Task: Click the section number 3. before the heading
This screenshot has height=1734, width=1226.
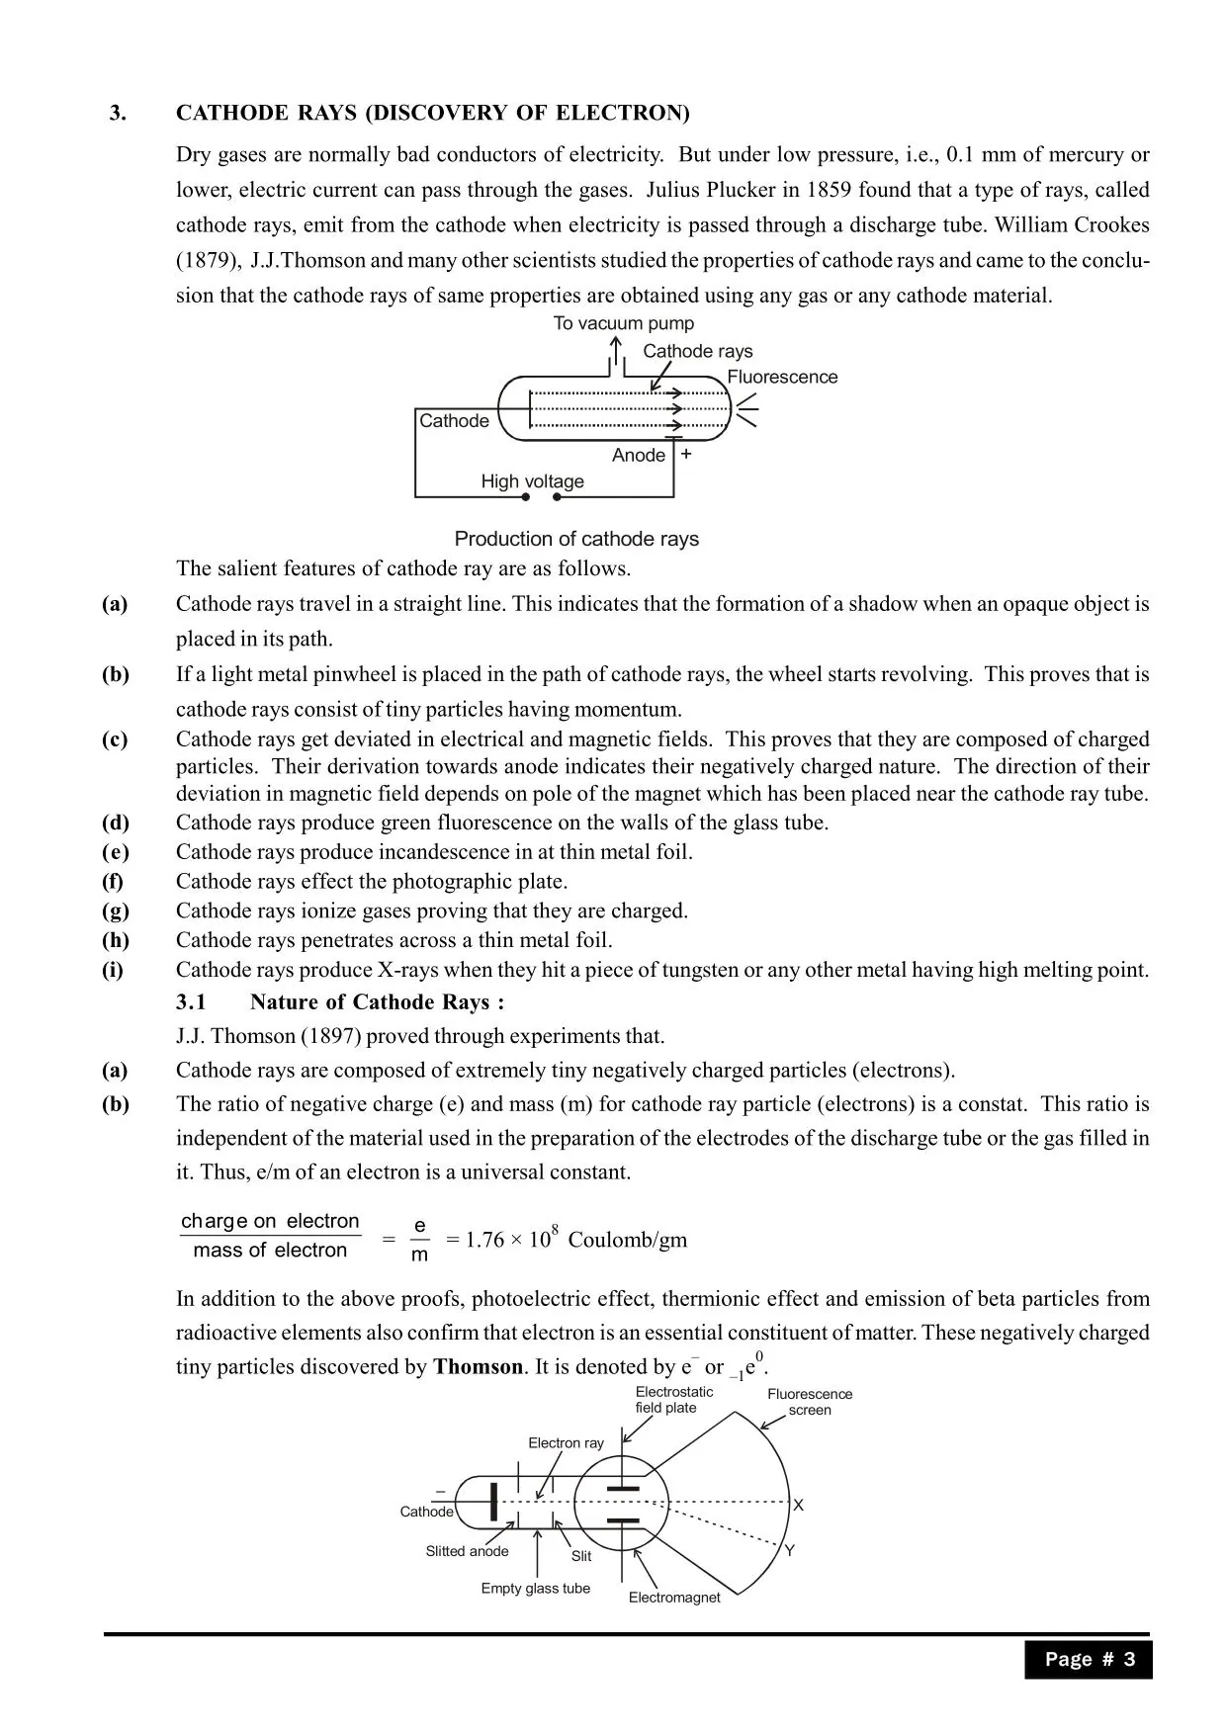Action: point(118,113)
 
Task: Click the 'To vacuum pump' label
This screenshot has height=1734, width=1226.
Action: point(623,323)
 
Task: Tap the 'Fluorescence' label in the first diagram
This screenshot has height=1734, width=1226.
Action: point(782,377)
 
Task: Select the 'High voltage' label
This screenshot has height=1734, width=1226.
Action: point(532,481)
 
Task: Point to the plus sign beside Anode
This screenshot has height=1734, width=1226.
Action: point(686,455)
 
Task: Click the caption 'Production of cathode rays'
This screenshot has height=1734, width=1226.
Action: point(576,539)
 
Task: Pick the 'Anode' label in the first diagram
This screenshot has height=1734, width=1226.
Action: point(638,455)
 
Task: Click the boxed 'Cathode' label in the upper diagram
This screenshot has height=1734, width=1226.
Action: point(454,421)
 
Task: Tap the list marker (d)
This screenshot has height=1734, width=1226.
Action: point(115,823)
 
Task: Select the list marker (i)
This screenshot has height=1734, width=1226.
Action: point(112,970)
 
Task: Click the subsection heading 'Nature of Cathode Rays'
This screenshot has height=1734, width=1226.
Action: point(377,1002)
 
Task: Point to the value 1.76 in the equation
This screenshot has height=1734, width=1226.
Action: point(484,1240)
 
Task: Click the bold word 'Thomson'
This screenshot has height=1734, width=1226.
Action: point(478,1367)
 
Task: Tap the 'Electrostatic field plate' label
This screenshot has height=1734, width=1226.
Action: point(673,1400)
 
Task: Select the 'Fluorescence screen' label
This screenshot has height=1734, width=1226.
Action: point(810,1402)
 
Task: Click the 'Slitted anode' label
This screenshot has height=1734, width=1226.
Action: point(467,1551)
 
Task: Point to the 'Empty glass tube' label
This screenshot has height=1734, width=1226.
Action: point(535,1588)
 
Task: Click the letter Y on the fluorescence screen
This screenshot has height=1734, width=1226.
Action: point(789,1550)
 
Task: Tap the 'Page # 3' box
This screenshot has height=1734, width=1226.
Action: point(1089,1659)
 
